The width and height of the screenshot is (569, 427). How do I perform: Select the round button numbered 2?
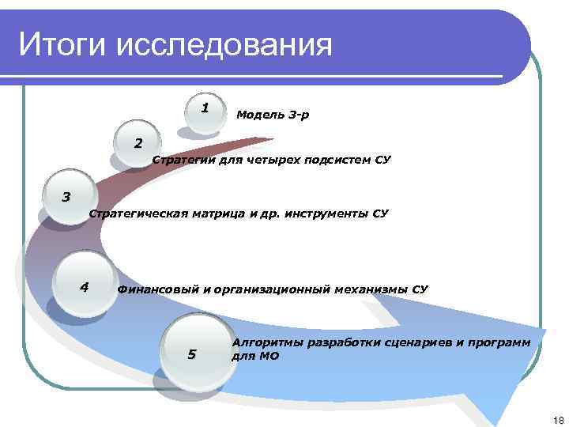[x=138, y=145]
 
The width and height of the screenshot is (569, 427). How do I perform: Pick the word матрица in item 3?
[x=216, y=213]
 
